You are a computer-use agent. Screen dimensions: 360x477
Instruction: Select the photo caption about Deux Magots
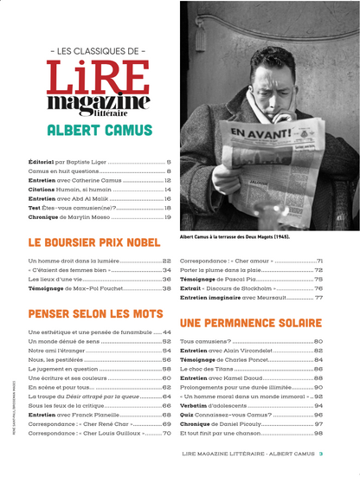pyautogui.click(x=234, y=236)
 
